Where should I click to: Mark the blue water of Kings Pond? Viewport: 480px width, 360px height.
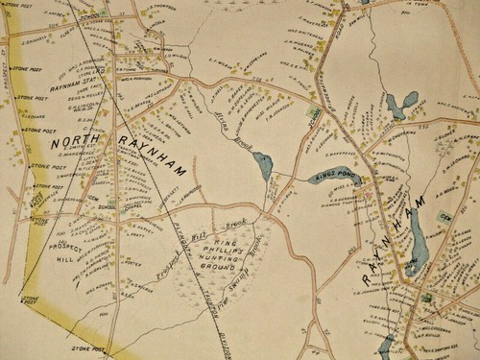point(322,178)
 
